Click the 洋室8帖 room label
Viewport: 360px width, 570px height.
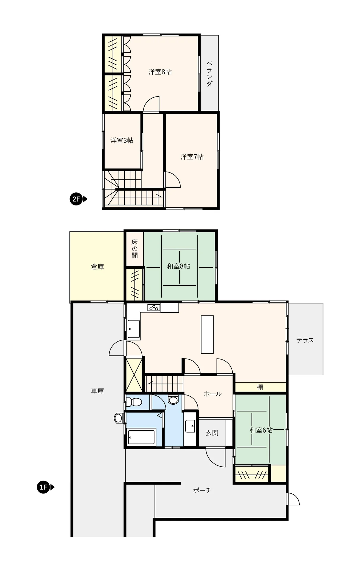160,72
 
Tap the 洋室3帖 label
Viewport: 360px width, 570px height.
122,140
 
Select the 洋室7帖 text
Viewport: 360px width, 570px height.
192,157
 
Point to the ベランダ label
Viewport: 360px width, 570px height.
209,74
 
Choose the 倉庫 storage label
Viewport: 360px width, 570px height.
97,267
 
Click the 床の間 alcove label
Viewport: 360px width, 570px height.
135,248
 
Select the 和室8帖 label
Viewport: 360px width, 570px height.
178,266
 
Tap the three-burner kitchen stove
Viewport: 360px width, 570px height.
154,308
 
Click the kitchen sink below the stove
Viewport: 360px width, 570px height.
134,329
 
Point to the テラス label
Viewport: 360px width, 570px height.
305,340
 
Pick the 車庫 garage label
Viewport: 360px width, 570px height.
97,391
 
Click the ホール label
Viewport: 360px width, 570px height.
213,394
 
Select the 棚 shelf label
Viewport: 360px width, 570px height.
260,387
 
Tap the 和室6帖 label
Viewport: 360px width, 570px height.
261,430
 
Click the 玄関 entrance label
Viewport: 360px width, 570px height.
212,433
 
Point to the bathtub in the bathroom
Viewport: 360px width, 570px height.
141,437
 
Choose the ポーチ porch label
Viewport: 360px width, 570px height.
202,490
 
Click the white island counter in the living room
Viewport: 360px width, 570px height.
207,335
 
